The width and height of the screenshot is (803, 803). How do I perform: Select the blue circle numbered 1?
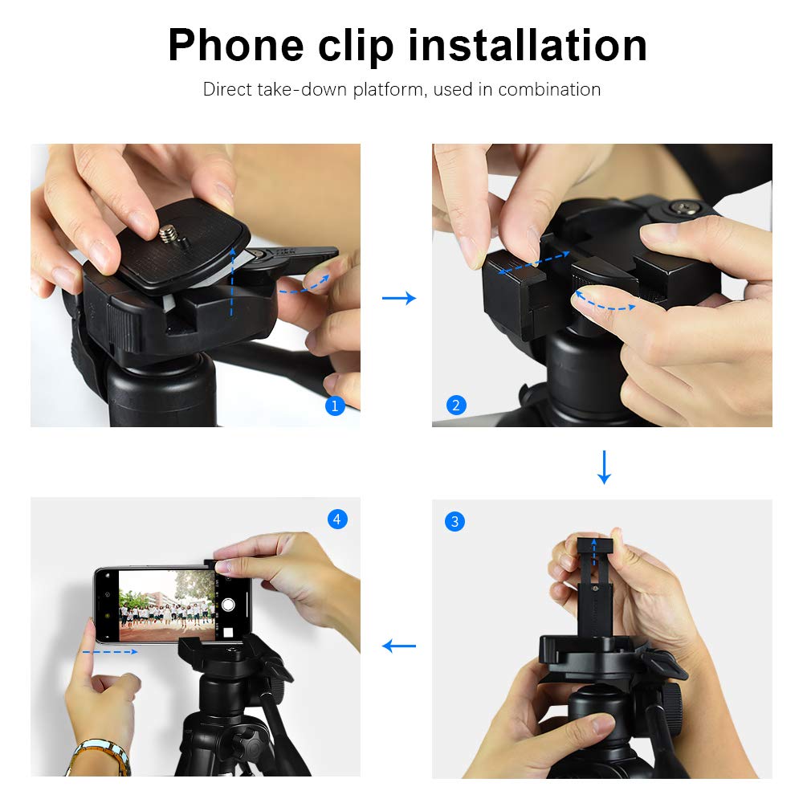335,406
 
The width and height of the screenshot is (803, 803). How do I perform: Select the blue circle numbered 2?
456,406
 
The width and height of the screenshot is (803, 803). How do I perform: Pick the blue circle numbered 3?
454,522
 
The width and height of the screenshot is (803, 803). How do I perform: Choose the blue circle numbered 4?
337,520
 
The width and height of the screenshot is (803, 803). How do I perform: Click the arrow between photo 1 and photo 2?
399,299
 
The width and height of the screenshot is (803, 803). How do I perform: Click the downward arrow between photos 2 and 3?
605,467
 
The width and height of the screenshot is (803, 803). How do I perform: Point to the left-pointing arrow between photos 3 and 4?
399,646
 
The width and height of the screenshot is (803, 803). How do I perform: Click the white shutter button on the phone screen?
229,605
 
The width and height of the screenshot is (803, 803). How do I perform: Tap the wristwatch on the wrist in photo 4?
100,755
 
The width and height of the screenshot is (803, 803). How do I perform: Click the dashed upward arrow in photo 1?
231,281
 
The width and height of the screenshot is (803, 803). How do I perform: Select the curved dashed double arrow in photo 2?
605,302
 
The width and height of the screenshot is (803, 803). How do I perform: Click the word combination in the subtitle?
549,89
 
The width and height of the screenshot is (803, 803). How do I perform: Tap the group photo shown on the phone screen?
167,607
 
